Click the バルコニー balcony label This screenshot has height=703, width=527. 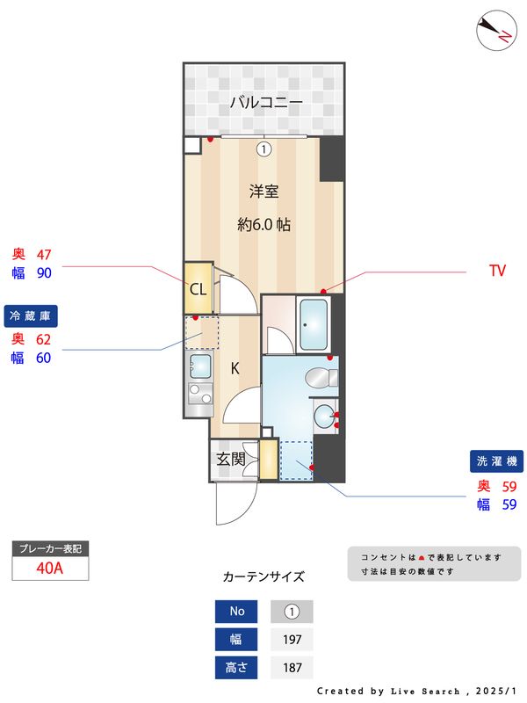266,103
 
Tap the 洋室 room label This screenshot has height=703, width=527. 263,192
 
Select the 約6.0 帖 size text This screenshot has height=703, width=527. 263,224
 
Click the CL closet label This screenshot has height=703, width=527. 198,289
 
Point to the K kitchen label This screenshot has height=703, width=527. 235,368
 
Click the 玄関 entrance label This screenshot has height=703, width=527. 231,459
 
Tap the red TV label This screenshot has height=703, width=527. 497,272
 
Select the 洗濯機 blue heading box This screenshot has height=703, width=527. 498,460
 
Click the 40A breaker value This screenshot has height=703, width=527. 50,567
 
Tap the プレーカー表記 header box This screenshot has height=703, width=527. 50,549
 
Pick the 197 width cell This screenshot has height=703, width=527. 292,640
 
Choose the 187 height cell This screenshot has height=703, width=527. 292,668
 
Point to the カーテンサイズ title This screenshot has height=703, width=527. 263,577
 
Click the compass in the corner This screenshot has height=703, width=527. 495,31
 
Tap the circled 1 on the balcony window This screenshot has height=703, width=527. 263,149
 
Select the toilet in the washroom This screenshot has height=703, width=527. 321,378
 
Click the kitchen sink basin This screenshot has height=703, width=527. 199,364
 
